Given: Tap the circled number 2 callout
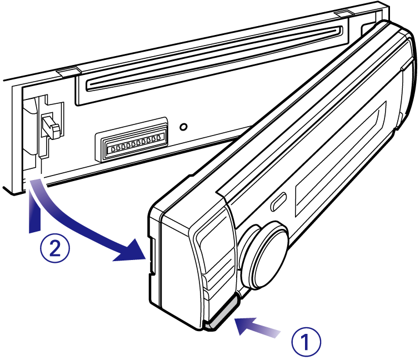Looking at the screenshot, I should (x=55, y=248).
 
